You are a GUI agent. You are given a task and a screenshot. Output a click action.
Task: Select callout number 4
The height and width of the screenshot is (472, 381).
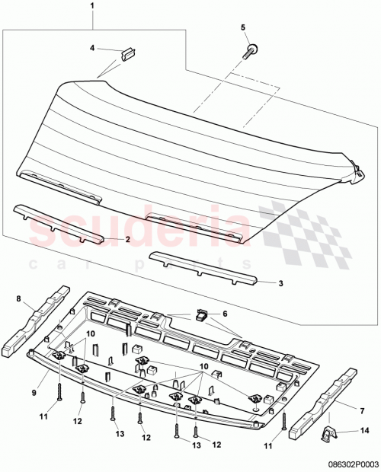click(92, 48)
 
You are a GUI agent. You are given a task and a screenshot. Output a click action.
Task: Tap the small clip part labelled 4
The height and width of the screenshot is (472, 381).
click(126, 53)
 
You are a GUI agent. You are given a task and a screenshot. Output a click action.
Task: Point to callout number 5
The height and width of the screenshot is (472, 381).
click(244, 27)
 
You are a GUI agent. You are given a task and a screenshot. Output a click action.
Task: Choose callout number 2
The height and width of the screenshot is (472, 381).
click(127, 239)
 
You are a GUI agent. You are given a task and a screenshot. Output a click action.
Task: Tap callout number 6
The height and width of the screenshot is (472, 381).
click(224, 314)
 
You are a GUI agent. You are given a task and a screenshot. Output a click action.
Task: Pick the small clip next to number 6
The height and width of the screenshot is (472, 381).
click(202, 313)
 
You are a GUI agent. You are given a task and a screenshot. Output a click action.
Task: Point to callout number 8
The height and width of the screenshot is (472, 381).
click(19, 299)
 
